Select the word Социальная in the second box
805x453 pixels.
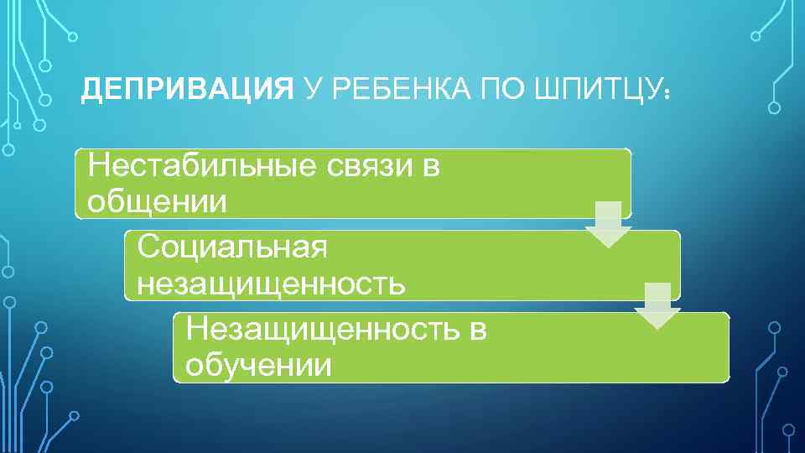[232, 247]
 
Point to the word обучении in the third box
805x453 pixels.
[259, 365]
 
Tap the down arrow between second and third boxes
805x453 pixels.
[657, 305]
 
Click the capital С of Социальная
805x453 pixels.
[148, 247]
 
